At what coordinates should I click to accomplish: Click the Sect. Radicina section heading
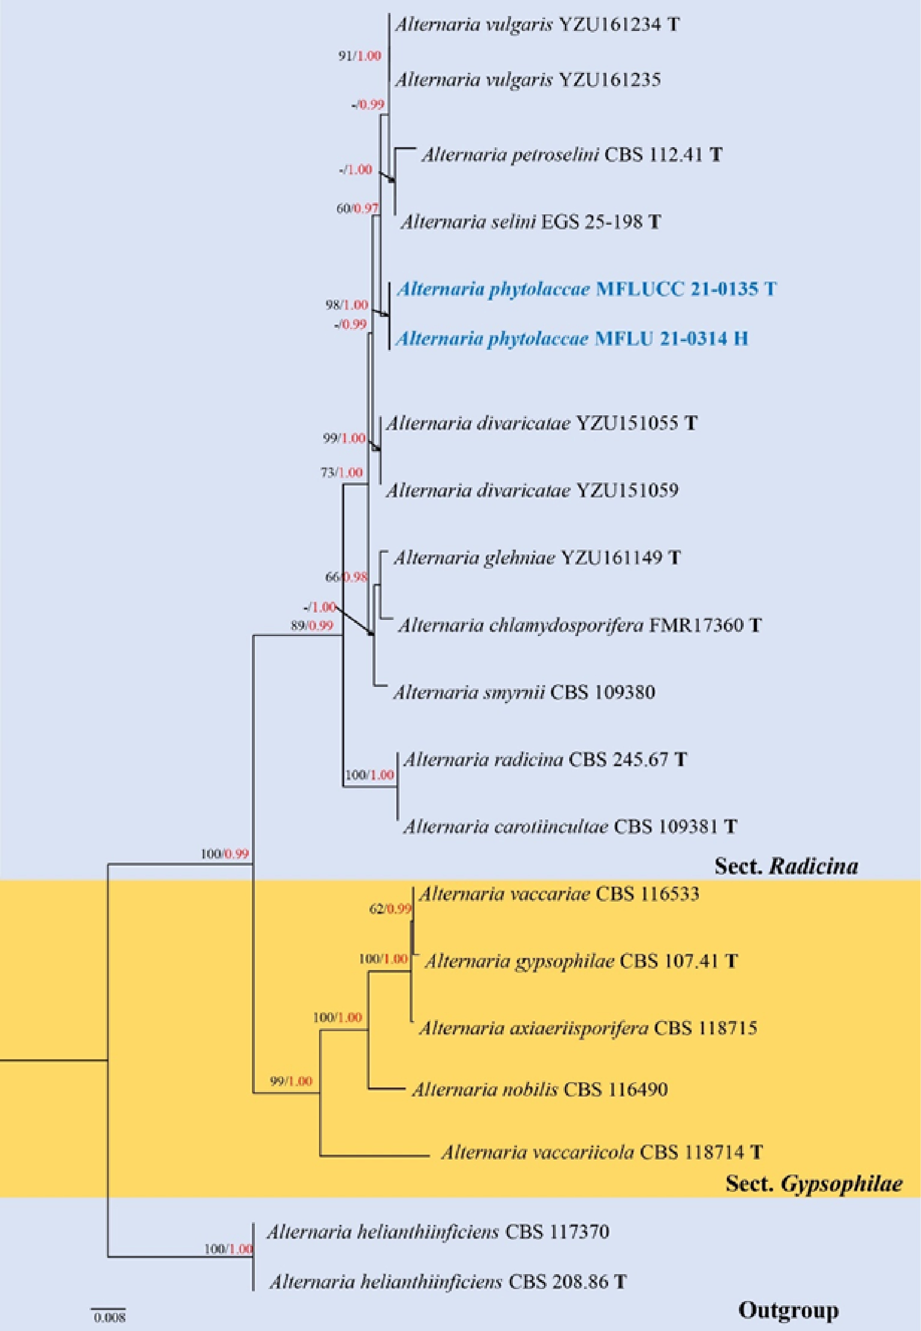(x=786, y=865)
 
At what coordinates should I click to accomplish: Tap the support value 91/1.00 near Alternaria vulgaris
(x=360, y=56)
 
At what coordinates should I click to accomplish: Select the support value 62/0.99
(x=391, y=909)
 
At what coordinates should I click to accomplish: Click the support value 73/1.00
(x=342, y=473)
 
